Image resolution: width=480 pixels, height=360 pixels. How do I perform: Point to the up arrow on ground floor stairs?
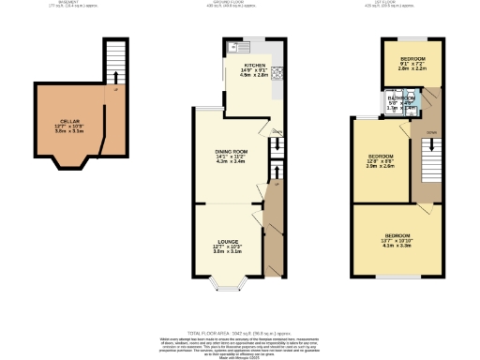point(277,172)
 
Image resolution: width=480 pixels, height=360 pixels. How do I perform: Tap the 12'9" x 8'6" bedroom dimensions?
point(380,160)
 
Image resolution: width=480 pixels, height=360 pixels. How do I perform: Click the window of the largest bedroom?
point(397,277)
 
